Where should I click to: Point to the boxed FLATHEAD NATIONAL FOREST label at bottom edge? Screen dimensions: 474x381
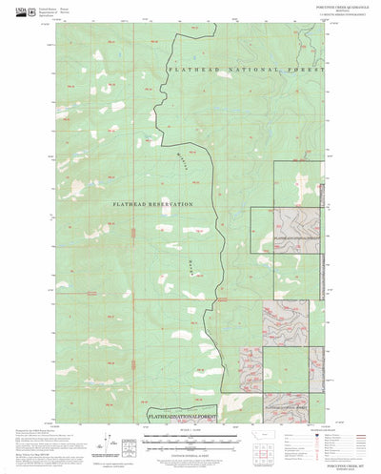point(184,418)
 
